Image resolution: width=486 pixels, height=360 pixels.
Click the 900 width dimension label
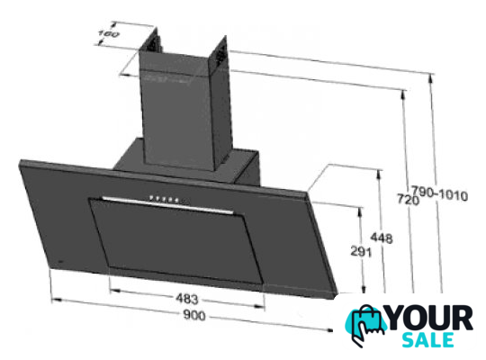[194, 315]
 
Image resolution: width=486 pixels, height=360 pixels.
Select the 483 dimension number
[186, 299]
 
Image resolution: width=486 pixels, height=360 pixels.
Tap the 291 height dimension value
[361, 251]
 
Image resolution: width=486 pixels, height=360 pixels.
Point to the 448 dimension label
[382, 238]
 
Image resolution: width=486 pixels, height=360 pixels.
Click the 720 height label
[409, 200]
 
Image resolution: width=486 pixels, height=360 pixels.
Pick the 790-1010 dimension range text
[439, 193]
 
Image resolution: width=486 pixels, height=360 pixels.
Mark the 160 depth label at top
[108, 33]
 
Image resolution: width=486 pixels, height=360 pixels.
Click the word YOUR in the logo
[430, 318]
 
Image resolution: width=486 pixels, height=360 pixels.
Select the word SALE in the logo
[427, 340]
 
